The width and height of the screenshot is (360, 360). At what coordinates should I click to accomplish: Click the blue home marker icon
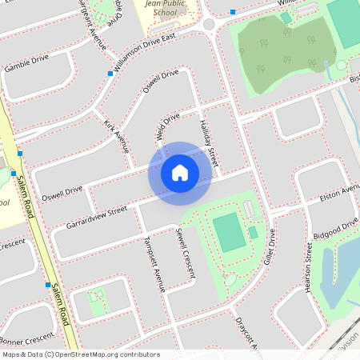click(180, 172)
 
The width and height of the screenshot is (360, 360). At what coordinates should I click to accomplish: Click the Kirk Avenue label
click(117, 137)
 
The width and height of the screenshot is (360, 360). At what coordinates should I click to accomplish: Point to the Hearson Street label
click(309, 267)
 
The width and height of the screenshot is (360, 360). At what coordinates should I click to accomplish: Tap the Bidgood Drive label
click(337, 226)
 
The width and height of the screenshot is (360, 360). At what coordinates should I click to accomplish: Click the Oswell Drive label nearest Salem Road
click(62, 191)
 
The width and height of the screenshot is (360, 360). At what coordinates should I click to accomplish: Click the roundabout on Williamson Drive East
click(210, 25)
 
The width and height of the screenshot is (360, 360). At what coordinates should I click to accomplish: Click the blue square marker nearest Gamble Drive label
click(110, 74)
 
